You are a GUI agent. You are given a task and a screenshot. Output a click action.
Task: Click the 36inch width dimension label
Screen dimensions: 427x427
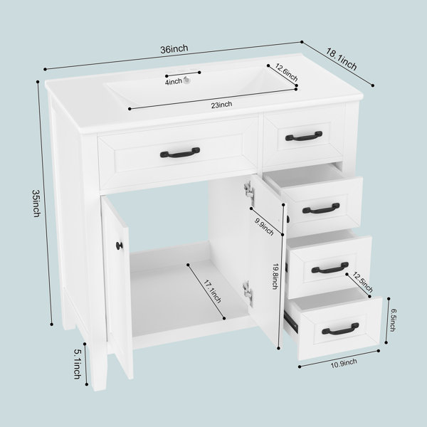click(x=174, y=49)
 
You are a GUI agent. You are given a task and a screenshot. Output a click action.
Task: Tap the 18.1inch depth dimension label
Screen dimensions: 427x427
click(x=341, y=59)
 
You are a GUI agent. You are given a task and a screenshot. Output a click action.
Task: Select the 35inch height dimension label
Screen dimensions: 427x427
click(x=36, y=203)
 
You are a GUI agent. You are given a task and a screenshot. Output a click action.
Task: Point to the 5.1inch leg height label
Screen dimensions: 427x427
click(x=78, y=364)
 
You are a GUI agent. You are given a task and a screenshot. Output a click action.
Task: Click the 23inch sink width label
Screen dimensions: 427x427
click(x=221, y=105)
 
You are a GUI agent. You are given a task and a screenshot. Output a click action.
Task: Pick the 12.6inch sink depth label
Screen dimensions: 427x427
click(x=287, y=73)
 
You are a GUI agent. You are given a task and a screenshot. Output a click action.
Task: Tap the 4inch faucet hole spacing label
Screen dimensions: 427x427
click(x=173, y=81)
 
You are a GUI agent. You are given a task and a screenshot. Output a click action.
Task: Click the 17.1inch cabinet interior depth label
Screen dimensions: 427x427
click(x=212, y=290)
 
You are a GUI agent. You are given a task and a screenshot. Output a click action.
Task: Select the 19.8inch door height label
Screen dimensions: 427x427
click(x=275, y=275)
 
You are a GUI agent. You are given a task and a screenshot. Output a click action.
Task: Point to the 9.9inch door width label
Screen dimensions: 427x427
click(x=264, y=227)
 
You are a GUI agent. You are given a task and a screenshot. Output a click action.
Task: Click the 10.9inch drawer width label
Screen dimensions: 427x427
click(x=344, y=363)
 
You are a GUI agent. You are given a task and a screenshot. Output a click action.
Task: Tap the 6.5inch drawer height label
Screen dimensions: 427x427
click(x=392, y=320)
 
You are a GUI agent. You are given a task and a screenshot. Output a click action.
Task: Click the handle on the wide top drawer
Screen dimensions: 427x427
click(x=180, y=152)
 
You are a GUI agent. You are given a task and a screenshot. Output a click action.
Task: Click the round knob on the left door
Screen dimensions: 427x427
click(x=120, y=246)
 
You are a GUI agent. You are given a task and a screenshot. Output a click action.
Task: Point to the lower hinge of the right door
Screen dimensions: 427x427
click(x=248, y=292)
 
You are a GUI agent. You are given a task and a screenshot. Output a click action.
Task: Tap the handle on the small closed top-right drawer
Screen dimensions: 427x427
click(x=304, y=136)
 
